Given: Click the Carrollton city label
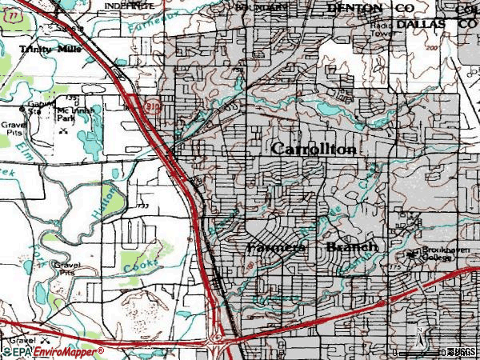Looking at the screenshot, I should click(x=314, y=150).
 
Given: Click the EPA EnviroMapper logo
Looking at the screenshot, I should click(x=52, y=351).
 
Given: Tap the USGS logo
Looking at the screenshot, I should click(x=463, y=352).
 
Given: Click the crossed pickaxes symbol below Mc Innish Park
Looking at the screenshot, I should click(x=64, y=130).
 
